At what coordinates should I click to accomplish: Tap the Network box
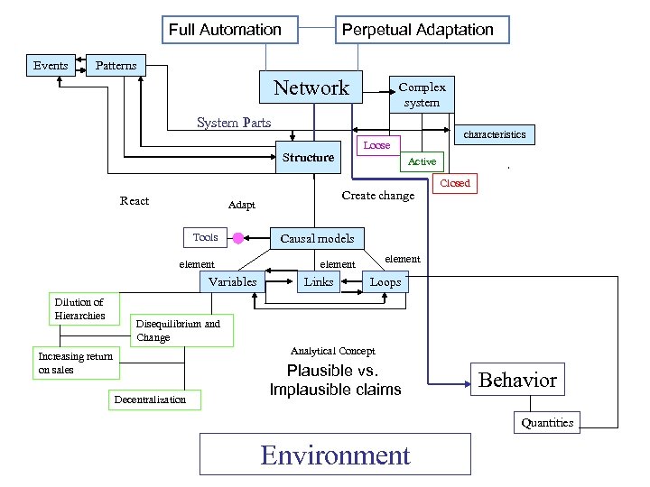(311, 87)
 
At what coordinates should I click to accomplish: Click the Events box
(51, 65)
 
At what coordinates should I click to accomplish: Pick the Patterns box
(116, 65)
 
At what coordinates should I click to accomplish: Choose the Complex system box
(422, 95)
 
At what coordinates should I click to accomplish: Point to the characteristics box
(494, 134)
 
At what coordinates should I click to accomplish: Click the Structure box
(308, 157)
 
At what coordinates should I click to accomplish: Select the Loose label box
(376, 145)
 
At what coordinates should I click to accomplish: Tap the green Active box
(422, 161)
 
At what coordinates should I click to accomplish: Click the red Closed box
(454, 183)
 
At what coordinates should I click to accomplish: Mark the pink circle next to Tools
(238, 238)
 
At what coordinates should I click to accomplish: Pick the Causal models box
(317, 238)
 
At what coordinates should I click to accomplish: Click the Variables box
(232, 281)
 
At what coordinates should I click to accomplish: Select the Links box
(318, 281)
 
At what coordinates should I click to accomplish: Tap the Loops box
(385, 281)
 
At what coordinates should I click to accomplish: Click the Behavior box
(517, 380)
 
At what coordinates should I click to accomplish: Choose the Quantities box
(547, 422)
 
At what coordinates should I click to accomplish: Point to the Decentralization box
(150, 400)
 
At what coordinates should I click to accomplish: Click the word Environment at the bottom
(335, 455)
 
